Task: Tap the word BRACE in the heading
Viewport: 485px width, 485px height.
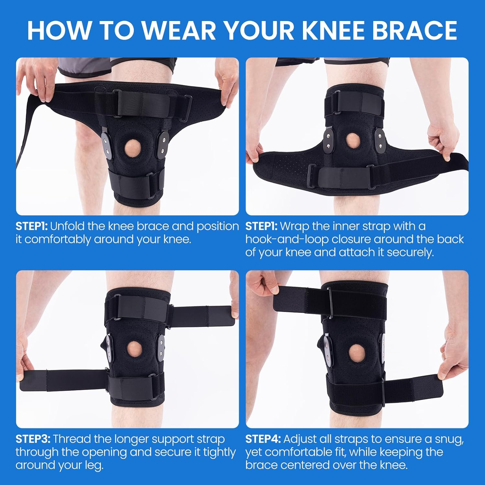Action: point(415,30)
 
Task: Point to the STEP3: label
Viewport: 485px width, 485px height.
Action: point(33,439)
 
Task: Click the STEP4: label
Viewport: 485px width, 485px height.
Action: point(263,439)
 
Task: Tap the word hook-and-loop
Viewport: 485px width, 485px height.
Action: point(287,239)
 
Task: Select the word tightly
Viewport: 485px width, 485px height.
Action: point(220,452)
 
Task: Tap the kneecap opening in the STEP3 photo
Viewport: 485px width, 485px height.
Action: point(134,349)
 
